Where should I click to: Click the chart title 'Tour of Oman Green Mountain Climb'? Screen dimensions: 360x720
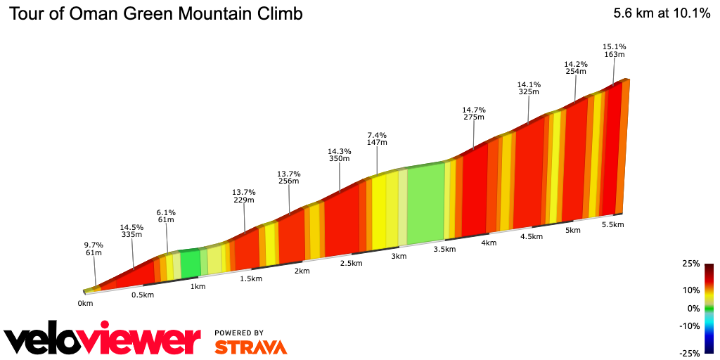(155, 14)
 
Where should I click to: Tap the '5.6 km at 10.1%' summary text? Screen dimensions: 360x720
(662, 13)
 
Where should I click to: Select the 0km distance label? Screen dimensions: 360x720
(85, 304)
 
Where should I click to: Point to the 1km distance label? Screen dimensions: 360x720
(198, 286)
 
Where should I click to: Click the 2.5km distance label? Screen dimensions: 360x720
(351, 264)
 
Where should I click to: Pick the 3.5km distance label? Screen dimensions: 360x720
(444, 249)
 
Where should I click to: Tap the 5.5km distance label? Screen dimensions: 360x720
(613, 224)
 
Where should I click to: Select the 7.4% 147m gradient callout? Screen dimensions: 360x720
(377, 138)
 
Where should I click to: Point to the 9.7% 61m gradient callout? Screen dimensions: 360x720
(94, 249)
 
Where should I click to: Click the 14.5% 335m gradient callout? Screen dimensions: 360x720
(131, 231)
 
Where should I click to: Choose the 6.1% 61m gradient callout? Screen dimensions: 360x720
(166, 216)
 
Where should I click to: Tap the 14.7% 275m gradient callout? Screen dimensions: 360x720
(474, 113)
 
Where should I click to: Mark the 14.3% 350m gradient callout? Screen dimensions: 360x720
(340, 155)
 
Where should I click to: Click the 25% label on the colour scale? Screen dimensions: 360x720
(691, 264)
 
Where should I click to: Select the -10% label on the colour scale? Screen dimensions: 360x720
(690, 326)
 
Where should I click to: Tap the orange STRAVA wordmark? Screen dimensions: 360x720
(250, 347)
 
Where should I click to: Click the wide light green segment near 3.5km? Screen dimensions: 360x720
(425, 204)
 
